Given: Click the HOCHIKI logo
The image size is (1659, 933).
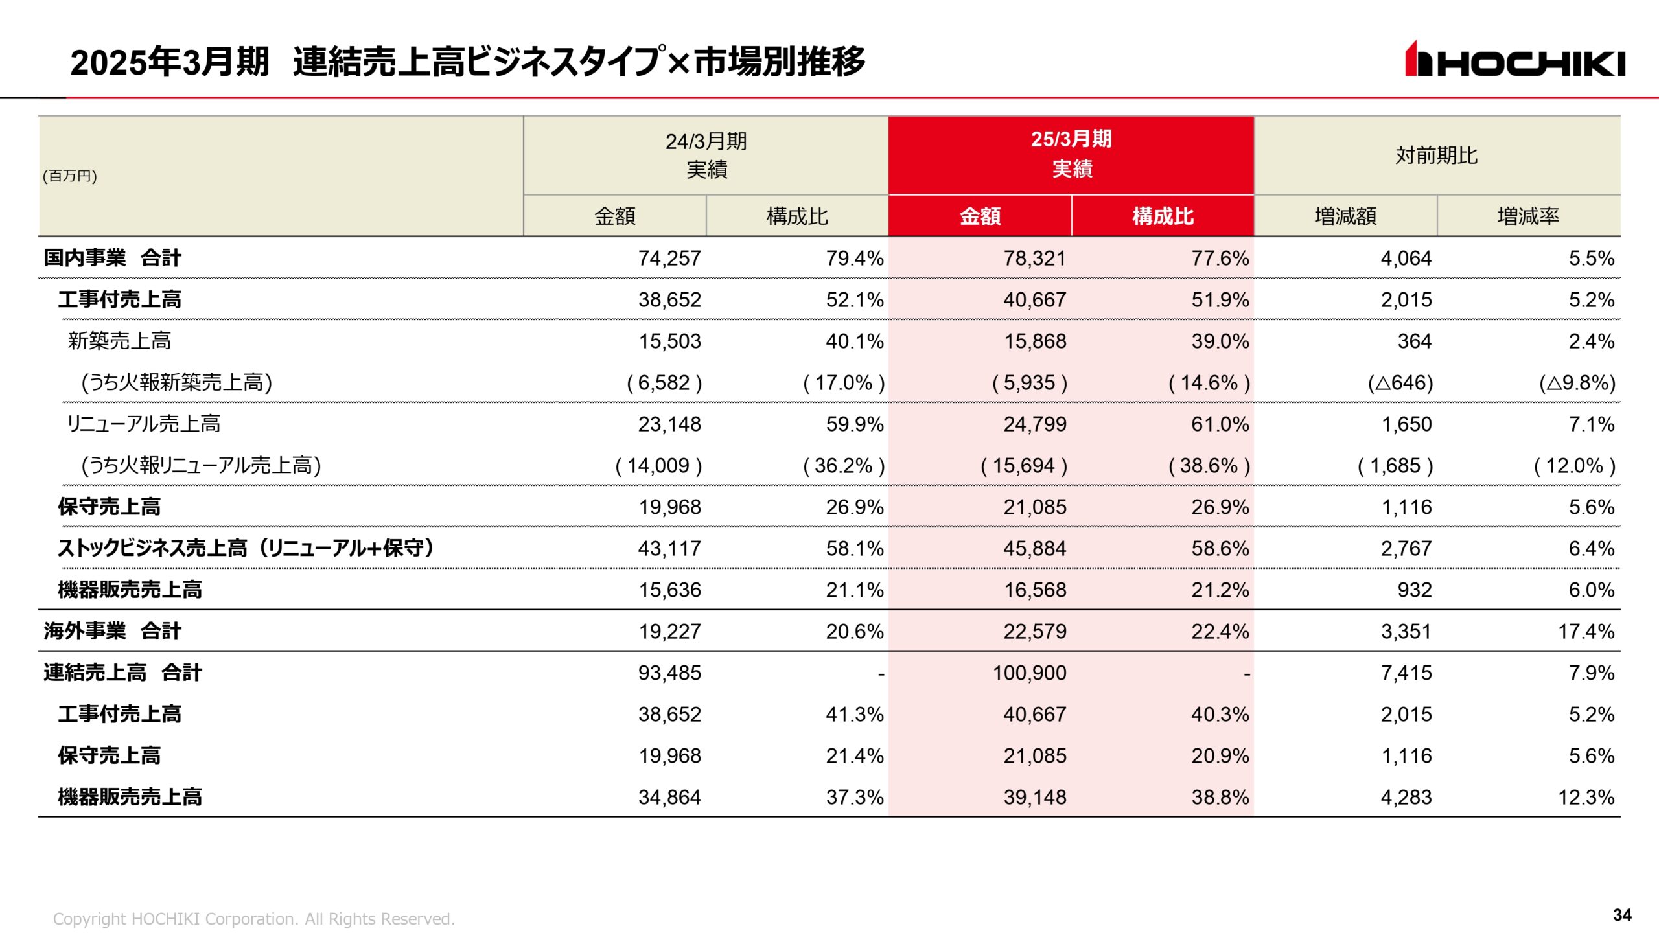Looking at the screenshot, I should (1514, 60).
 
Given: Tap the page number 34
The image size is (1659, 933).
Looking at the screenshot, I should (1622, 914).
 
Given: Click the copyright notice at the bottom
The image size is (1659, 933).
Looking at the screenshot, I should (253, 919).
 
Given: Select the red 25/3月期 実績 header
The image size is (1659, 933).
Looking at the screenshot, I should (1071, 154).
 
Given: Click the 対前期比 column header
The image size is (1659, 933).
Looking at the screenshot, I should (1436, 155).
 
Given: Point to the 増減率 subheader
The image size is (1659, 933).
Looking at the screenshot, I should (1527, 216).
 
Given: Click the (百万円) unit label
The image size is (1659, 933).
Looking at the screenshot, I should (70, 176).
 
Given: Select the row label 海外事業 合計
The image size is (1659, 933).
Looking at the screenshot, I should (112, 631).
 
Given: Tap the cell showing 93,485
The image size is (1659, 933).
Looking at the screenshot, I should (669, 673).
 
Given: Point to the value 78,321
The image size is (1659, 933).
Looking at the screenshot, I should (1034, 258).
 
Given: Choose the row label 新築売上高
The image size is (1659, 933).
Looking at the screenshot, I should (119, 341).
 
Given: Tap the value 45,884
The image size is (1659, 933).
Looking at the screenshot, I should (1034, 548).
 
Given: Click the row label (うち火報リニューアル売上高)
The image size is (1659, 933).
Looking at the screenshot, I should (201, 465).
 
